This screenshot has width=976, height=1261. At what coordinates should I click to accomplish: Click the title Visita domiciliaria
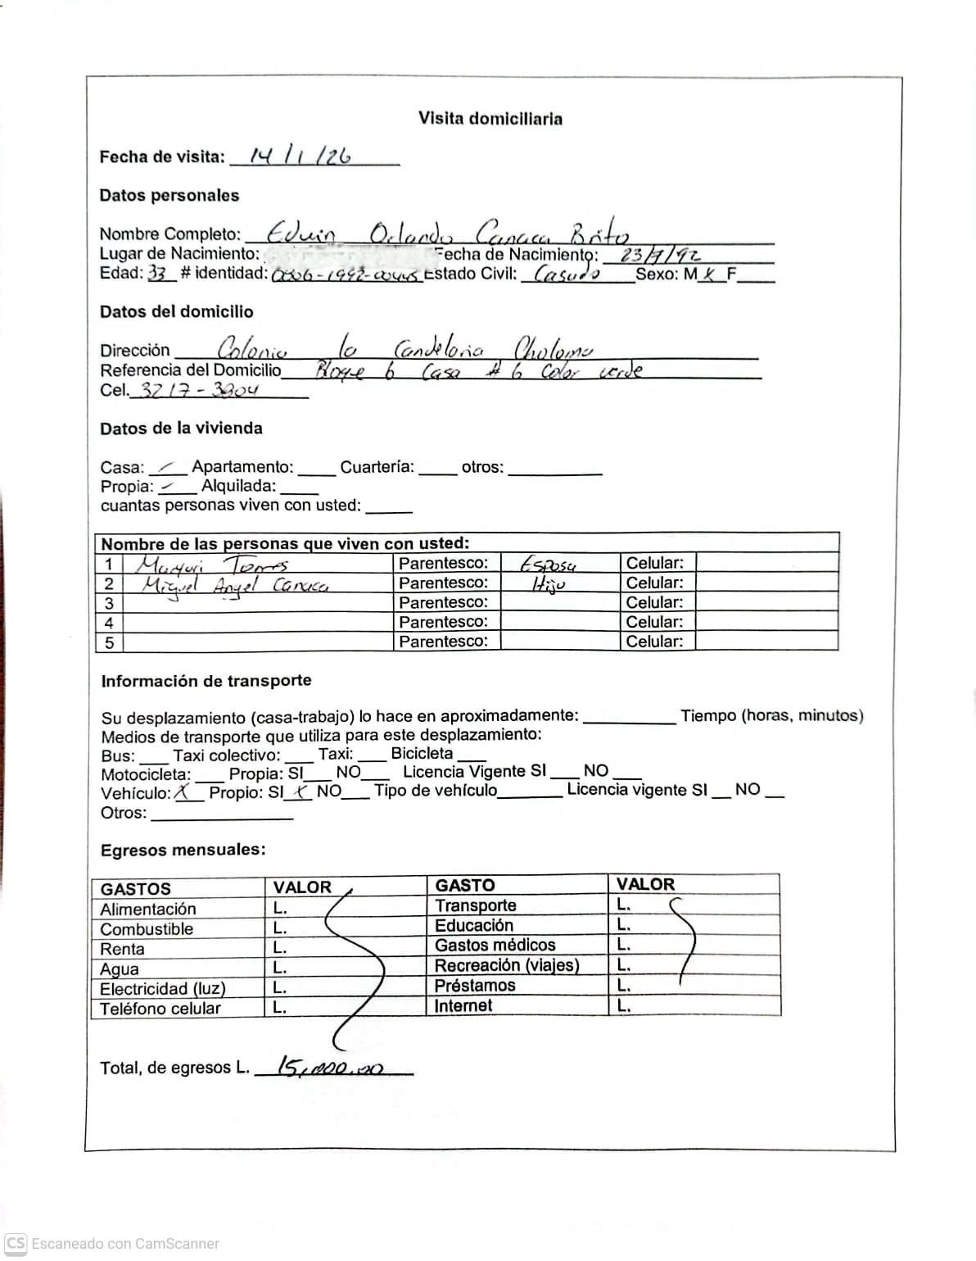[x=490, y=119]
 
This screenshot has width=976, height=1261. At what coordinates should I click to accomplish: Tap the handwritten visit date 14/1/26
[x=300, y=156]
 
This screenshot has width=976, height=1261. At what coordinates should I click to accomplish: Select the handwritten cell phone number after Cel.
[x=199, y=390]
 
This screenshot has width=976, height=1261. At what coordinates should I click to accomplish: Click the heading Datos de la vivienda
[x=181, y=429]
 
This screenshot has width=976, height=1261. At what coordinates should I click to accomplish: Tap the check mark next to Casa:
[x=169, y=467]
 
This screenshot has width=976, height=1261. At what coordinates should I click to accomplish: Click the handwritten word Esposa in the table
[x=548, y=565]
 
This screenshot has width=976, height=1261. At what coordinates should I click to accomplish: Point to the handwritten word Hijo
[x=548, y=584]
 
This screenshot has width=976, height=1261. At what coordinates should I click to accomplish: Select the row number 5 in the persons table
[x=109, y=642]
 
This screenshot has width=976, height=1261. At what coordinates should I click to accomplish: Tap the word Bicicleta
[x=422, y=753]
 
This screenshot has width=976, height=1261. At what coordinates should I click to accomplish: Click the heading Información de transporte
[x=206, y=681]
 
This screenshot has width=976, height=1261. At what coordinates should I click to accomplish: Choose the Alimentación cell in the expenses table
[x=148, y=909]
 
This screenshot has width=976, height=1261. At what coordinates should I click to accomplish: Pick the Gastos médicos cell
[x=495, y=946]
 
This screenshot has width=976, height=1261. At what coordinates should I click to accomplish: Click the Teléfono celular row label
[x=160, y=1009]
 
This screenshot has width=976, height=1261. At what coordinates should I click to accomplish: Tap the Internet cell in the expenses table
[x=463, y=1005]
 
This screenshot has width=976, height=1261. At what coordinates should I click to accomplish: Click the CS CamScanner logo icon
[x=16, y=1243]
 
